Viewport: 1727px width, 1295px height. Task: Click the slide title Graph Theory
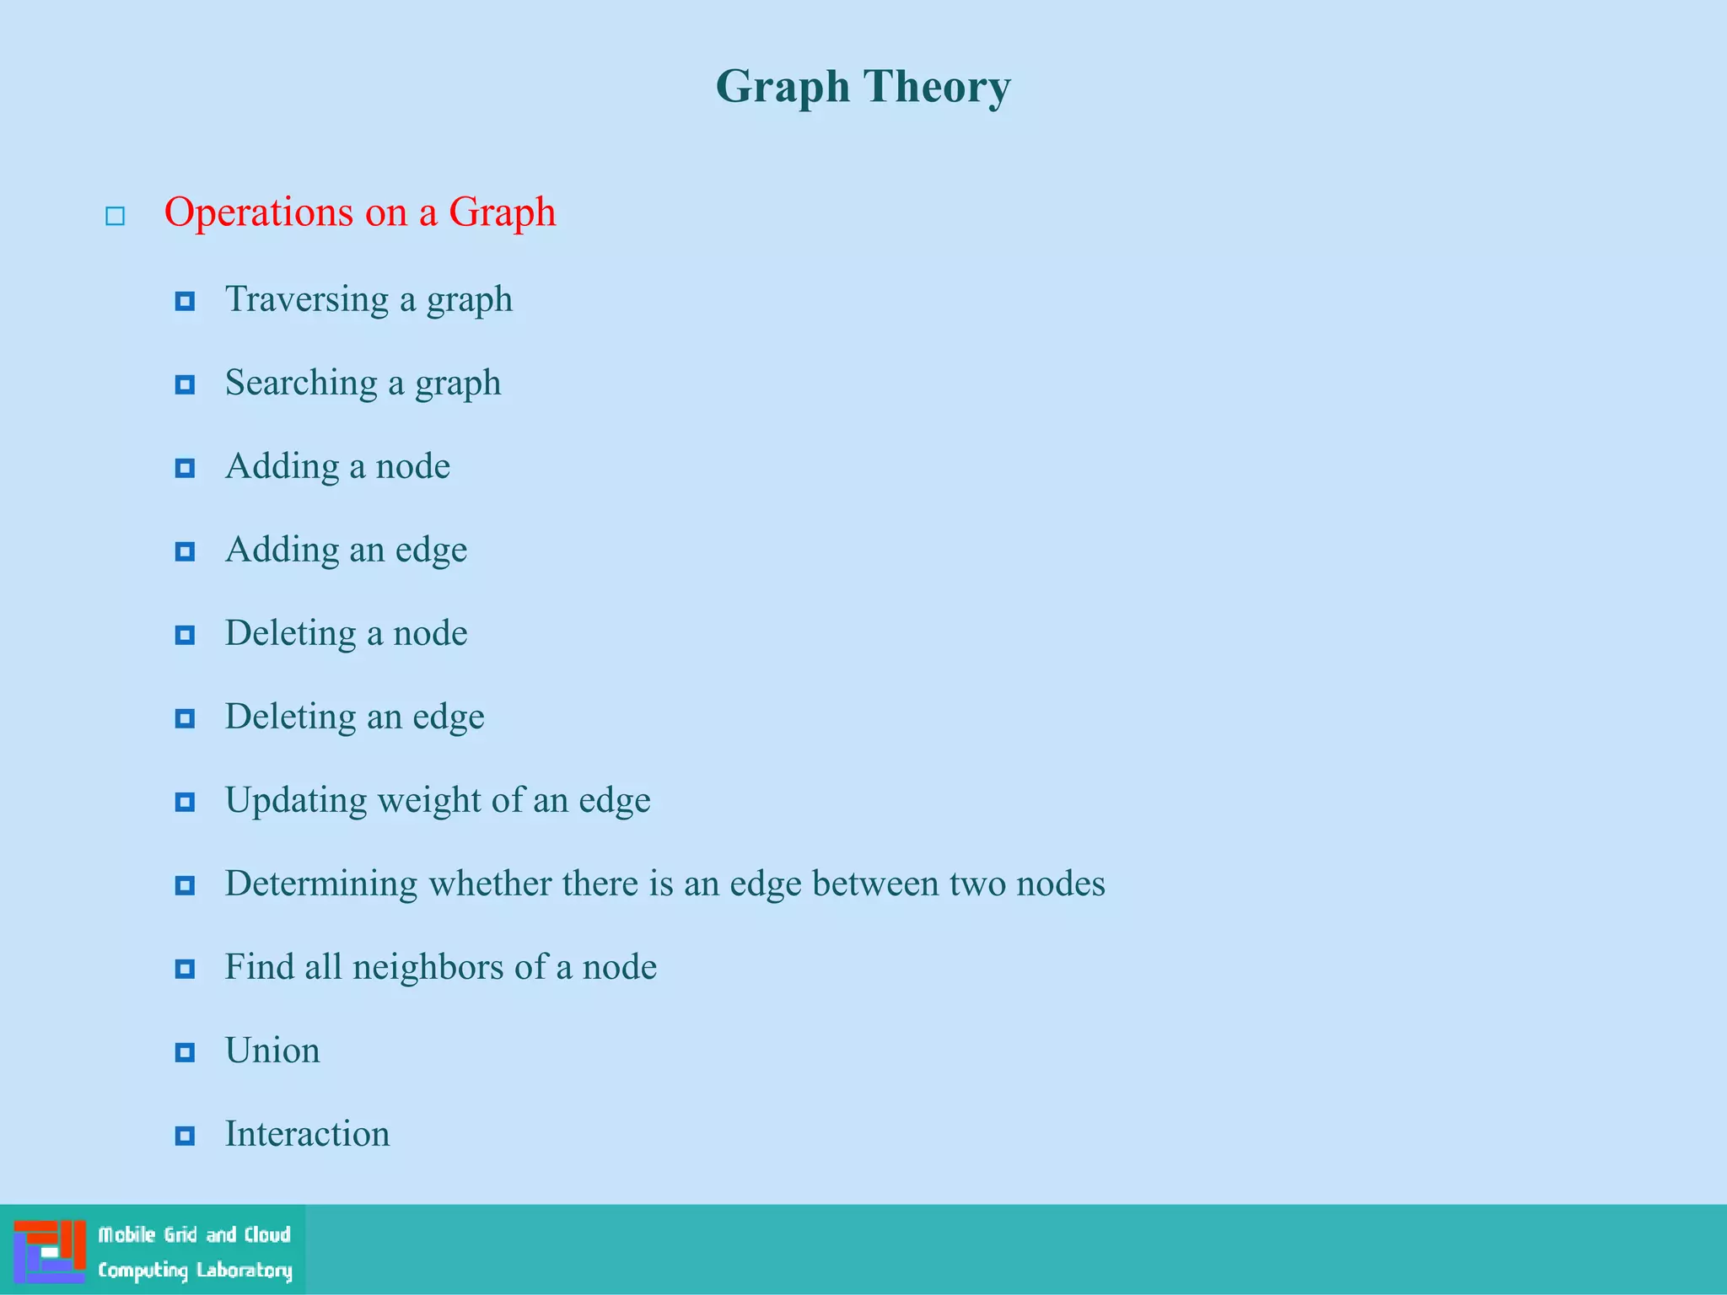tap(863, 87)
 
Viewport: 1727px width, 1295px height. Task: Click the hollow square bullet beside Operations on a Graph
tap(116, 217)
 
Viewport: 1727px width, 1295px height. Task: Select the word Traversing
tap(307, 299)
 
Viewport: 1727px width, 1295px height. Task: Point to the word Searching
tap(301, 384)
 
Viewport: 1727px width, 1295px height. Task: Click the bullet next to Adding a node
tap(185, 468)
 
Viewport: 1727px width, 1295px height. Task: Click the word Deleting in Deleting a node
tap(290, 633)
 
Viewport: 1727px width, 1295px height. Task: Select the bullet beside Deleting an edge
tap(185, 718)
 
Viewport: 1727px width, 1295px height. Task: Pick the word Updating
tap(295, 800)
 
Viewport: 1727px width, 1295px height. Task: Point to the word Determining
tap(320, 884)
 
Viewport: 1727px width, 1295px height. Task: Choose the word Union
tap(272, 1051)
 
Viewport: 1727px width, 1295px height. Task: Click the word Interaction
tap(307, 1134)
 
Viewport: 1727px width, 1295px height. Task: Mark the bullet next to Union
tap(185, 1052)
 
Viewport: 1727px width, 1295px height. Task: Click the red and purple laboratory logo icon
tap(50, 1251)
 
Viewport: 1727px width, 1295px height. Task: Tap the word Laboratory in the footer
tap(245, 1270)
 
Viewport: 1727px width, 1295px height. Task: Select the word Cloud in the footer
tap(267, 1235)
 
